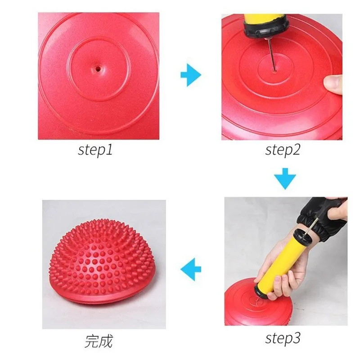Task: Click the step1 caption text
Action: pyautogui.click(x=95, y=149)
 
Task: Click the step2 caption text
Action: pyautogui.click(x=282, y=149)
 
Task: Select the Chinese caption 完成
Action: pyautogui.click(x=99, y=341)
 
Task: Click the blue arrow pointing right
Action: pyautogui.click(x=191, y=75)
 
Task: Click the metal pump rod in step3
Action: pyautogui.click(x=307, y=225)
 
